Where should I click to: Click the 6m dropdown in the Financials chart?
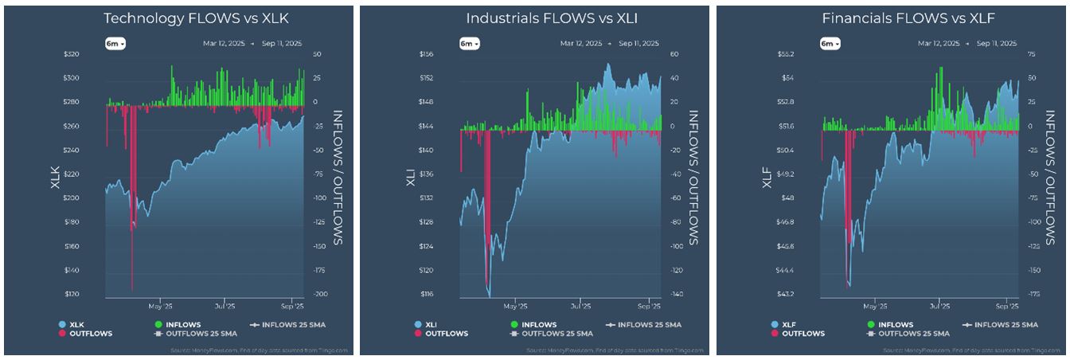click(x=830, y=43)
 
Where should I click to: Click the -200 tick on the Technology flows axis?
click(x=321, y=295)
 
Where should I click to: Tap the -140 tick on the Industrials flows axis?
click(x=676, y=295)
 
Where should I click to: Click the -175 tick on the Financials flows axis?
click(x=1033, y=295)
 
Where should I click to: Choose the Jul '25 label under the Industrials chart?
click(x=580, y=306)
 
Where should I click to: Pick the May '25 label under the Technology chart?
click(x=161, y=306)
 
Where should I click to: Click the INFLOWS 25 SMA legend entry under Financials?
click(x=1003, y=325)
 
